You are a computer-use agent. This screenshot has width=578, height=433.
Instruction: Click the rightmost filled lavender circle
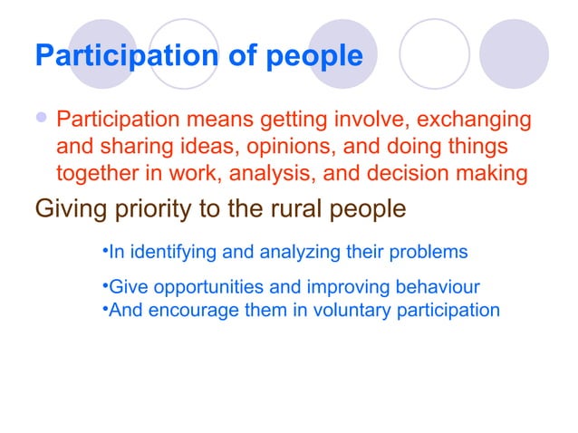point(514,53)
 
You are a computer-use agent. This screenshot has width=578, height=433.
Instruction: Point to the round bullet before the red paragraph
point(42,120)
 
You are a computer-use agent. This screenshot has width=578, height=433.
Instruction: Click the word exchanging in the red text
point(468,120)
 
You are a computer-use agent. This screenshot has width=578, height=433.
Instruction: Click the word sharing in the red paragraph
point(122,146)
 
